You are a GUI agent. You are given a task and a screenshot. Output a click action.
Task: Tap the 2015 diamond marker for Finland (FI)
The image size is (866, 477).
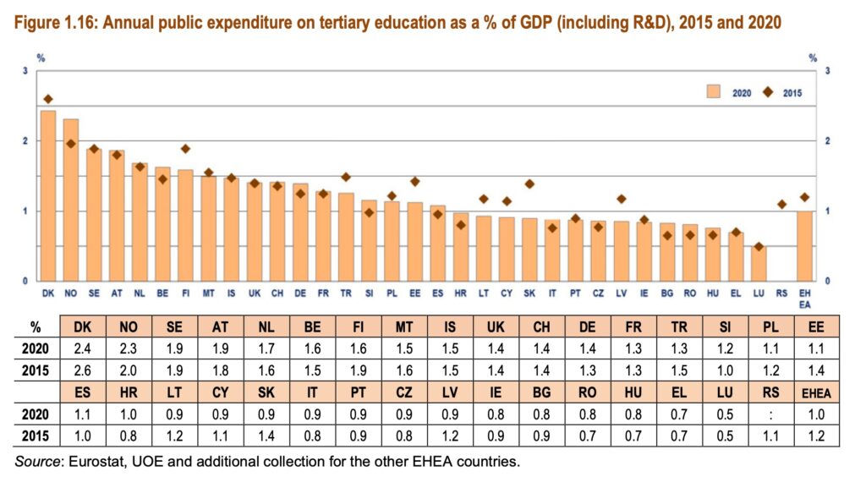pyautogui.click(x=185, y=149)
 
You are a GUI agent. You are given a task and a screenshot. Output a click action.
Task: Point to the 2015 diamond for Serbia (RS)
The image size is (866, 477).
pyautogui.click(x=782, y=204)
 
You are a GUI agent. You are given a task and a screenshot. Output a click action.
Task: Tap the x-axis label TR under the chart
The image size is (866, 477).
pyautogui.click(x=346, y=293)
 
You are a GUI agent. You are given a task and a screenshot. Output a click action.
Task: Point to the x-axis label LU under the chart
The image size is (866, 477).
pyautogui.click(x=759, y=293)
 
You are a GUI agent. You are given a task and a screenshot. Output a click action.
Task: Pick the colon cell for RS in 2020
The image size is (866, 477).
pyautogui.click(x=766, y=414)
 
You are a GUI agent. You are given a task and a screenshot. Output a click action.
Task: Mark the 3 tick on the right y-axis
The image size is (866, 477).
pyautogui.click(x=826, y=70)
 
